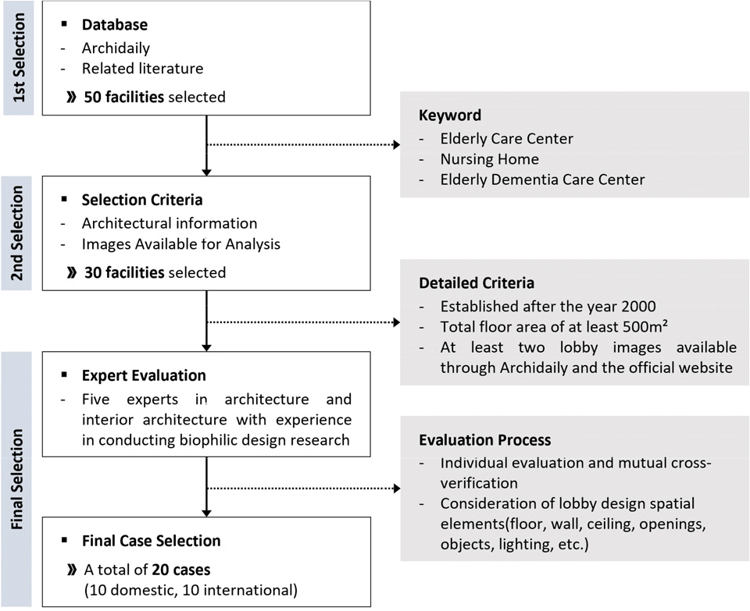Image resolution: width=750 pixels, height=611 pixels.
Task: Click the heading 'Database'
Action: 115,25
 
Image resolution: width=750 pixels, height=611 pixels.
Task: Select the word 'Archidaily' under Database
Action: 116,48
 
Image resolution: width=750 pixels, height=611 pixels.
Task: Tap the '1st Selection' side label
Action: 19,57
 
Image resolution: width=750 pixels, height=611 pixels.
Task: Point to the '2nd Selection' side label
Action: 16,233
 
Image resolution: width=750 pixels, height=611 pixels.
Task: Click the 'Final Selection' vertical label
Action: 16,479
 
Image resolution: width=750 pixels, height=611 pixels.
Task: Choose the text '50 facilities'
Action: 124,97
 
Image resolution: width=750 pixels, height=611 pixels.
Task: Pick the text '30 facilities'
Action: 124,273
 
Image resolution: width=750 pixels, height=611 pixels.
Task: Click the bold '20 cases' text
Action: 181,570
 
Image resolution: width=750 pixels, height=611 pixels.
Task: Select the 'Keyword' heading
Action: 450,115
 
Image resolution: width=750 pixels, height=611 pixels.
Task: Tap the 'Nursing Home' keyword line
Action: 489,159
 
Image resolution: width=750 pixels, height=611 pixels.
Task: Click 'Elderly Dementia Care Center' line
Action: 542,179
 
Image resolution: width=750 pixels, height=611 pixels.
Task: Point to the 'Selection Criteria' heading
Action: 142,200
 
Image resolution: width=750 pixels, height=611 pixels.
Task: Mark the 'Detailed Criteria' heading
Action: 477,282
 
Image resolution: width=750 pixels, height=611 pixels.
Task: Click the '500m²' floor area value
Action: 645,327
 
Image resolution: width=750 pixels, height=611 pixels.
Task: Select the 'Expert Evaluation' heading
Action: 144,375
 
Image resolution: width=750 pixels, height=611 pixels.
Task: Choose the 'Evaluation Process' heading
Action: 485,440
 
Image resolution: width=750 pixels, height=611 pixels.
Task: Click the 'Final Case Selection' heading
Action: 151,541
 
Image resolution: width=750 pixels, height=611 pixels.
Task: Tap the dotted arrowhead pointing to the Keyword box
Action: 397,144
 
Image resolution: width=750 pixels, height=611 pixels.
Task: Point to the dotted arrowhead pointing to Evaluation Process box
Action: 397,488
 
